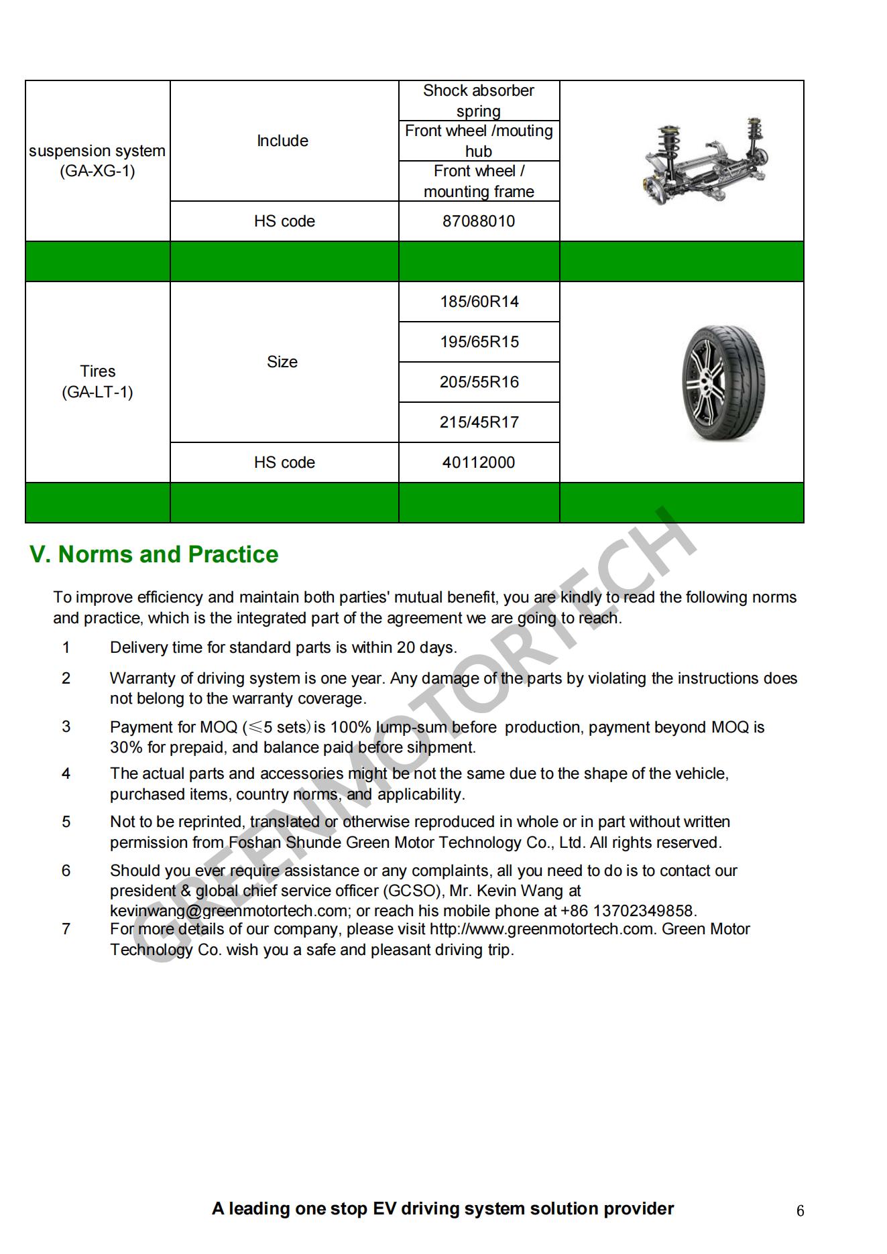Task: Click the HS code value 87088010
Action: (x=479, y=221)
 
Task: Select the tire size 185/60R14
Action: (x=479, y=302)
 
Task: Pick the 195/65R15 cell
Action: (x=479, y=342)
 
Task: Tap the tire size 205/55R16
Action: (x=479, y=382)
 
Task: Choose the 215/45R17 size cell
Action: (x=479, y=422)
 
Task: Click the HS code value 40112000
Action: (x=479, y=462)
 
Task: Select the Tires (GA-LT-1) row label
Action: (x=98, y=381)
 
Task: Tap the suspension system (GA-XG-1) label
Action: (x=97, y=161)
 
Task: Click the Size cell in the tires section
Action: (x=282, y=362)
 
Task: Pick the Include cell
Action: (x=282, y=141)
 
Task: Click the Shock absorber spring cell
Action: (x=479, y=101)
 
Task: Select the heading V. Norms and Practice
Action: (x=154, y=554)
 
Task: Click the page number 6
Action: (x=800, y=1211)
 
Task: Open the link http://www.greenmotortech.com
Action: (x=541, y=929)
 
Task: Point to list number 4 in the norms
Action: (x=66, y=773)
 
